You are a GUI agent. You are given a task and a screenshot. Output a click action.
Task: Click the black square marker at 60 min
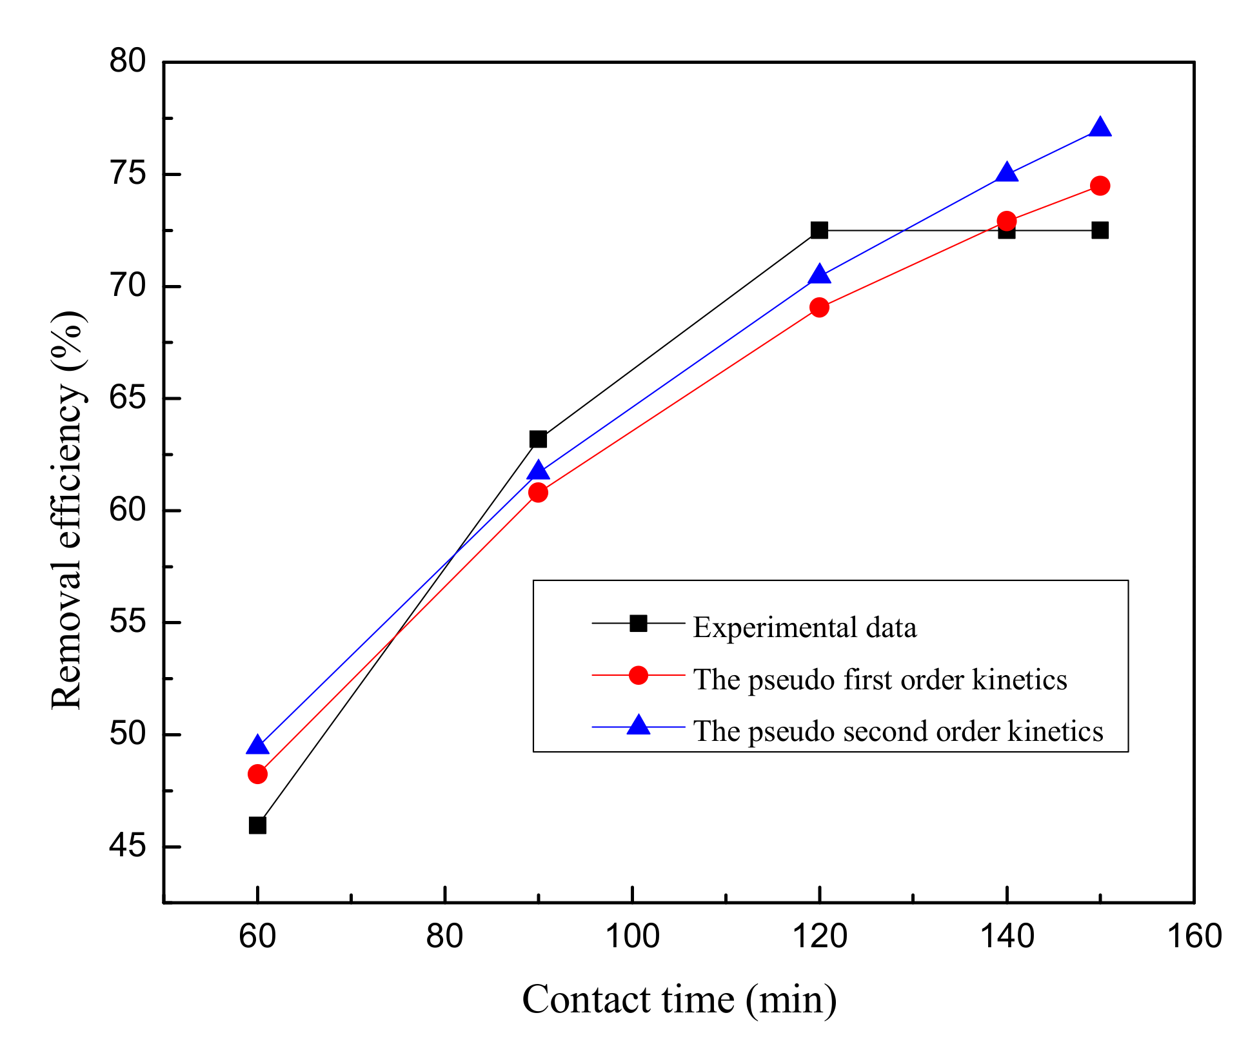(x=257, y=825)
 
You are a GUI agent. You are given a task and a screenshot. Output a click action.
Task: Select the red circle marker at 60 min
(x=257, y=774)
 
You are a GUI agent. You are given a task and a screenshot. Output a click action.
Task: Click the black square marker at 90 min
(x=538, y=439)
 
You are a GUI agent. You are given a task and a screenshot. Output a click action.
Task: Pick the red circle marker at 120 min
(x=819, y=307)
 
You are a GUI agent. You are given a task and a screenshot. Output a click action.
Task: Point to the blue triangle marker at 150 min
(x=1100, y=128)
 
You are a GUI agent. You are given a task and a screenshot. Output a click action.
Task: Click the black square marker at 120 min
(x=819, y=230)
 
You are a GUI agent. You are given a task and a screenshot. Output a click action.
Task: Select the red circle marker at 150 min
(x=1100, y=186)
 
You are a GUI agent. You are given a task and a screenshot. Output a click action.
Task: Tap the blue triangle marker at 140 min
(x=1007, y=173)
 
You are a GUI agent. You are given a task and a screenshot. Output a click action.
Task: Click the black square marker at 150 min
(x=1100, y=230)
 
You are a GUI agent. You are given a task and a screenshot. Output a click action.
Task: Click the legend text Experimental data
(x=804, y=628)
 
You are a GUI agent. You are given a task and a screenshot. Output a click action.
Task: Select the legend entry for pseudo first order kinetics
(x=880, y=680)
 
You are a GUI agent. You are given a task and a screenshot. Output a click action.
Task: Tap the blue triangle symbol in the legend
(x=639, y=726)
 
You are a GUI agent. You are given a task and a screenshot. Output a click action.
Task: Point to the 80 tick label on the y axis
(x=128, y=62)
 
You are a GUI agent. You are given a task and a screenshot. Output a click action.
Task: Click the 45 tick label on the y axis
(x=128, y=847)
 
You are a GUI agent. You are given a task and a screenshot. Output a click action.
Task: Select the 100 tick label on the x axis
(x=632, y=936)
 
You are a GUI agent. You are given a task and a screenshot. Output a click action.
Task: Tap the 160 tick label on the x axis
(x=1195, y=936)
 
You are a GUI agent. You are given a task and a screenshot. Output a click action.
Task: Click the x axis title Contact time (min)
(x=679, y=1000)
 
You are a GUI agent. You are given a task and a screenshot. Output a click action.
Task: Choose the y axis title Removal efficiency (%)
(x=67, y=509)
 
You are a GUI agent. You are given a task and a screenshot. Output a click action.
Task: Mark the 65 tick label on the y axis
(x=128, y=399)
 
